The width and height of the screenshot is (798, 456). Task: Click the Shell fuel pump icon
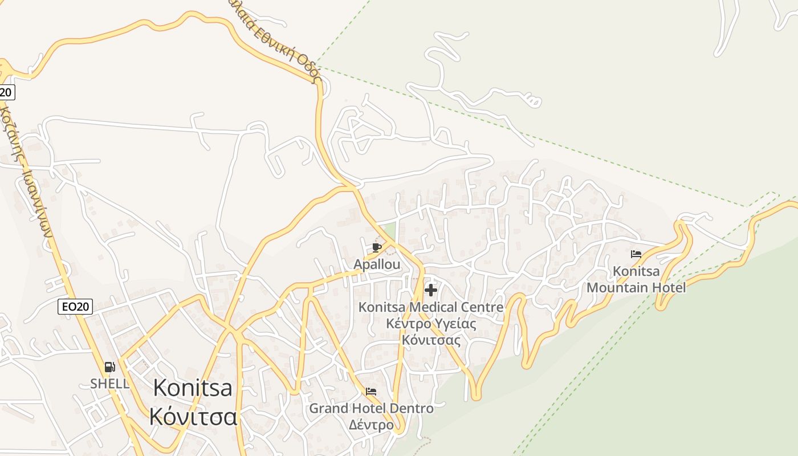(x=110, y=367)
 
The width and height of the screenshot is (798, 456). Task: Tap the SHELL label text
(x=109, y=384)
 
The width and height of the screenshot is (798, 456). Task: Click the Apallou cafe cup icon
(x=376, y=247)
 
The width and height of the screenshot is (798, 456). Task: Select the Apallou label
(x=377, y=264)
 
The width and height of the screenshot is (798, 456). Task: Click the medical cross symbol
(x=431, y=290)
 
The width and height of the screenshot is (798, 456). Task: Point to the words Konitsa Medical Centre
(x=431, y=307)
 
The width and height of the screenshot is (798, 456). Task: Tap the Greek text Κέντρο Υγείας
(x=431, y=324)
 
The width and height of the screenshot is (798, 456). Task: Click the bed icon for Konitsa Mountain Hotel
(x=636, y=254)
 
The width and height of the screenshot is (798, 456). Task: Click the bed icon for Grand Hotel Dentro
(x=372, y=392)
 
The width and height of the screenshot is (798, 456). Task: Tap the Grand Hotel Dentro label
(x=371, y=408)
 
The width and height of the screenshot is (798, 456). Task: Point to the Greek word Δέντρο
(x=371, y=425)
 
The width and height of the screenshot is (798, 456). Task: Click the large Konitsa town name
(x=193, y=388)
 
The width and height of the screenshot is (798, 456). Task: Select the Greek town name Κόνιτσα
(x=193, y=417)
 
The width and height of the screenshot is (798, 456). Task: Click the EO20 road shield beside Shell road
(x=75, y=307)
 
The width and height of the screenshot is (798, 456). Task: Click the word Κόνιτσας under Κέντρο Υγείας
(x=431, y=340)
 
